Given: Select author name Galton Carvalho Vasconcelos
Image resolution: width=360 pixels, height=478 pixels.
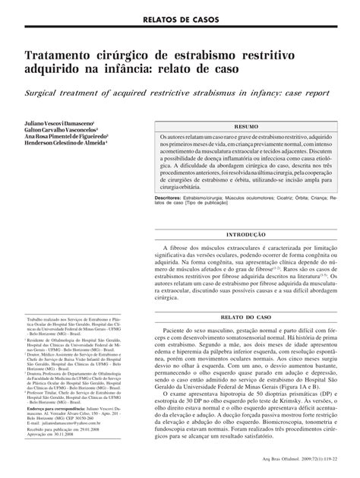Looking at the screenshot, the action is pos(58,129).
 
